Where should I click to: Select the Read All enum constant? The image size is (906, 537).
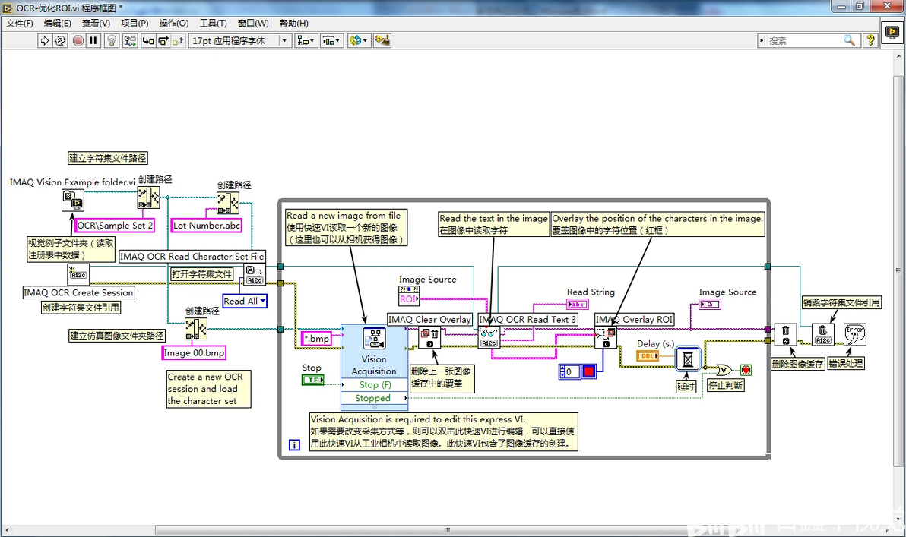pos(244,302)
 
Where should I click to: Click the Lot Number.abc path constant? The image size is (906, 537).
pos(207,226)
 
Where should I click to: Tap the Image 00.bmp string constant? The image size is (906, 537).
pos(194,353)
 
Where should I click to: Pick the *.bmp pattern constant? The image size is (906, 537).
pos(317,339)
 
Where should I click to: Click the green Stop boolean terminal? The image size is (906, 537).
pos(312,380)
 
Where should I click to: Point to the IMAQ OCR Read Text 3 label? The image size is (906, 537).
pos(527,320)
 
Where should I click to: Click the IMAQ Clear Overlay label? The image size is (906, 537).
pos(429,320)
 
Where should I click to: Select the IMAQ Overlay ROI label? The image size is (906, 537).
pos(635,320)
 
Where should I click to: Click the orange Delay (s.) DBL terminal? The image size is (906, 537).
pos(648,356)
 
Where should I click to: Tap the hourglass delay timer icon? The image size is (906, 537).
pos(687,359)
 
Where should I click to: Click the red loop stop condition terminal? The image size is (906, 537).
pos(746,370)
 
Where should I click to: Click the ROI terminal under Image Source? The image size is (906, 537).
pos(409,299)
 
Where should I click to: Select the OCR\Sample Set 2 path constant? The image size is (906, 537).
pos(116,226)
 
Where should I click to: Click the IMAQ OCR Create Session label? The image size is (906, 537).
pos(78,292)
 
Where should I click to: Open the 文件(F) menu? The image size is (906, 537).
pos(20,23)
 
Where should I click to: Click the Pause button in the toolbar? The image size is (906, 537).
pos(93,40)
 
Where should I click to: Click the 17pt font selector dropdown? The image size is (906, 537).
pos(239,40)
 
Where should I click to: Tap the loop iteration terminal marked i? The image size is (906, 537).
pos(294,445)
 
